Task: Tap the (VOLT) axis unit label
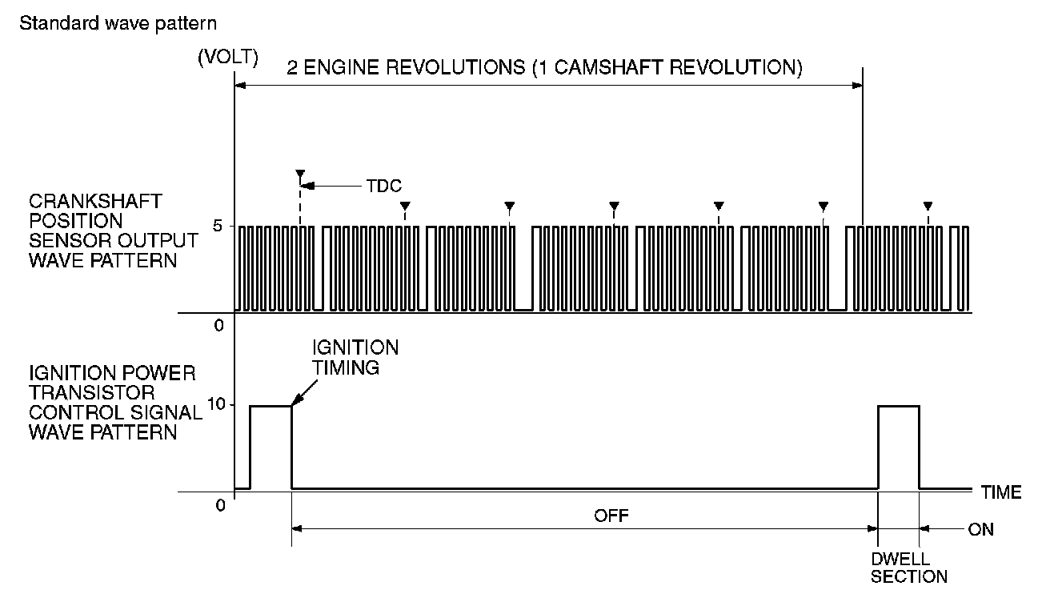(x=227, y=58)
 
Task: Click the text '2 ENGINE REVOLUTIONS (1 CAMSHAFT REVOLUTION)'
(x=545, y=67)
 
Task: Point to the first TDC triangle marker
(x=300, y=174)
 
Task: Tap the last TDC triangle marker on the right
(x=928, y=205)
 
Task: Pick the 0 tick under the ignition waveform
(x=218, y=505)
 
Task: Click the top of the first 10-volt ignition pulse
(x=271, y=406)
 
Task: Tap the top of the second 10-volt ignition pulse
(x=899, y=406)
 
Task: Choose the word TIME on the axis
(x=1001, y=492)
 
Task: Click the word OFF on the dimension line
(x=611, y=515)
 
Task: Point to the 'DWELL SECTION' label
(x=908, y=566)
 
